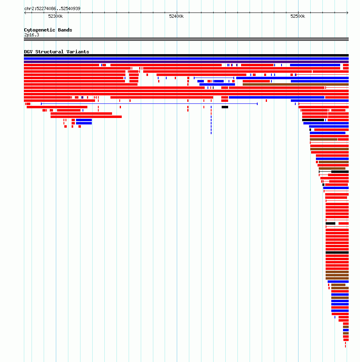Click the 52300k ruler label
coord(55,16)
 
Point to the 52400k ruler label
coord(176,16)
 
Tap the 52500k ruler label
coord(298,16)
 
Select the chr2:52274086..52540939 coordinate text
coord(52,8)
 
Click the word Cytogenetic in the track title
coord(40,30)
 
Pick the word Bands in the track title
coord(65,30)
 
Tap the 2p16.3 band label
coord(32,35)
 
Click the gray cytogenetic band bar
coord(186,39)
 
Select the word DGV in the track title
coord(28,52)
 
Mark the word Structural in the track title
coord(49,52)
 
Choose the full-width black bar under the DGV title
coord(186,55)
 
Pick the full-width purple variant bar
coord(186,62)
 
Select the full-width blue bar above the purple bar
coord(186,59)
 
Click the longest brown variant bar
coord(296,84)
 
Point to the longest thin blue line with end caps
coord(149,104)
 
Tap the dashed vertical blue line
coord(211,120)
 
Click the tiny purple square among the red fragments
coord(82,97)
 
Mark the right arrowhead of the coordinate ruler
coord(347,13)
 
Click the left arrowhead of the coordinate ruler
coord(25,13)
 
